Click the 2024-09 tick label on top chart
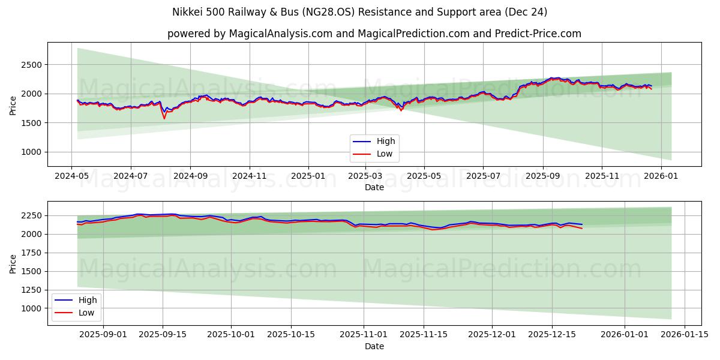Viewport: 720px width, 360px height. point(190,176)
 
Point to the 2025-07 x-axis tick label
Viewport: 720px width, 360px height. point(484,176)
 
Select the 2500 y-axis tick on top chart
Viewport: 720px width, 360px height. point(32,65)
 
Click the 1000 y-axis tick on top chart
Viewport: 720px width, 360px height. point(32,152)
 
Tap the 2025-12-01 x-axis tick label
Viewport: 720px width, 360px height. point(492,334)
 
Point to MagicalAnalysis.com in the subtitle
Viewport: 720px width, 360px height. point(281,34)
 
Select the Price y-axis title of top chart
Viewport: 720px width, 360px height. point(13,105)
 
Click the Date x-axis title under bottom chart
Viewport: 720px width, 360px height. point(374,346)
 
